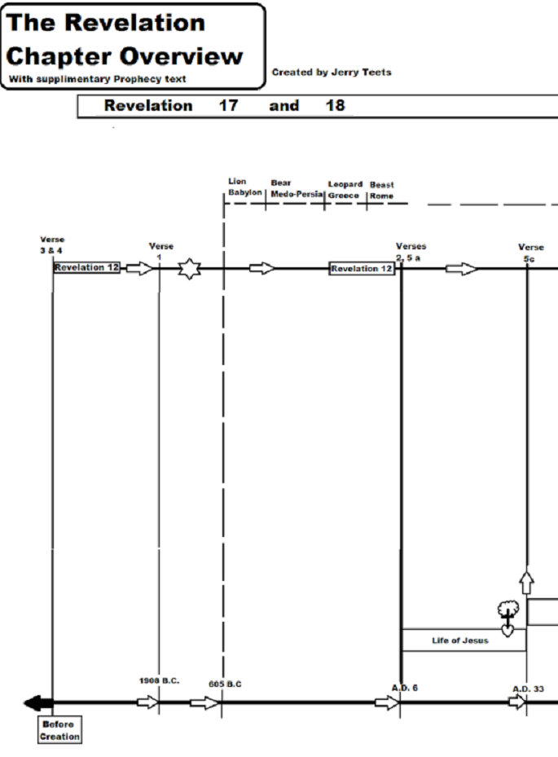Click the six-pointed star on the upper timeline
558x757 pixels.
(x=189, y=268)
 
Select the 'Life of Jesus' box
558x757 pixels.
(x=459, y=640)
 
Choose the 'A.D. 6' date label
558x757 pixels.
(x=404, y=688)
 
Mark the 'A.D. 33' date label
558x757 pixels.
(x=528, y=689)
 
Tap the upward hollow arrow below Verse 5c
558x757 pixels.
(x=527, y=582)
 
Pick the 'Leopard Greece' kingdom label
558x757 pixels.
(x=345, y=190)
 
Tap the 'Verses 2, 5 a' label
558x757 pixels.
(x=411, y=251)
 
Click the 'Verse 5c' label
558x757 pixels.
(x=531, y=252)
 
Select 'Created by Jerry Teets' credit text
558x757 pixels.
(x=332, y=72)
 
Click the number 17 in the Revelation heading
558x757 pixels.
(x=228, y=106)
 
